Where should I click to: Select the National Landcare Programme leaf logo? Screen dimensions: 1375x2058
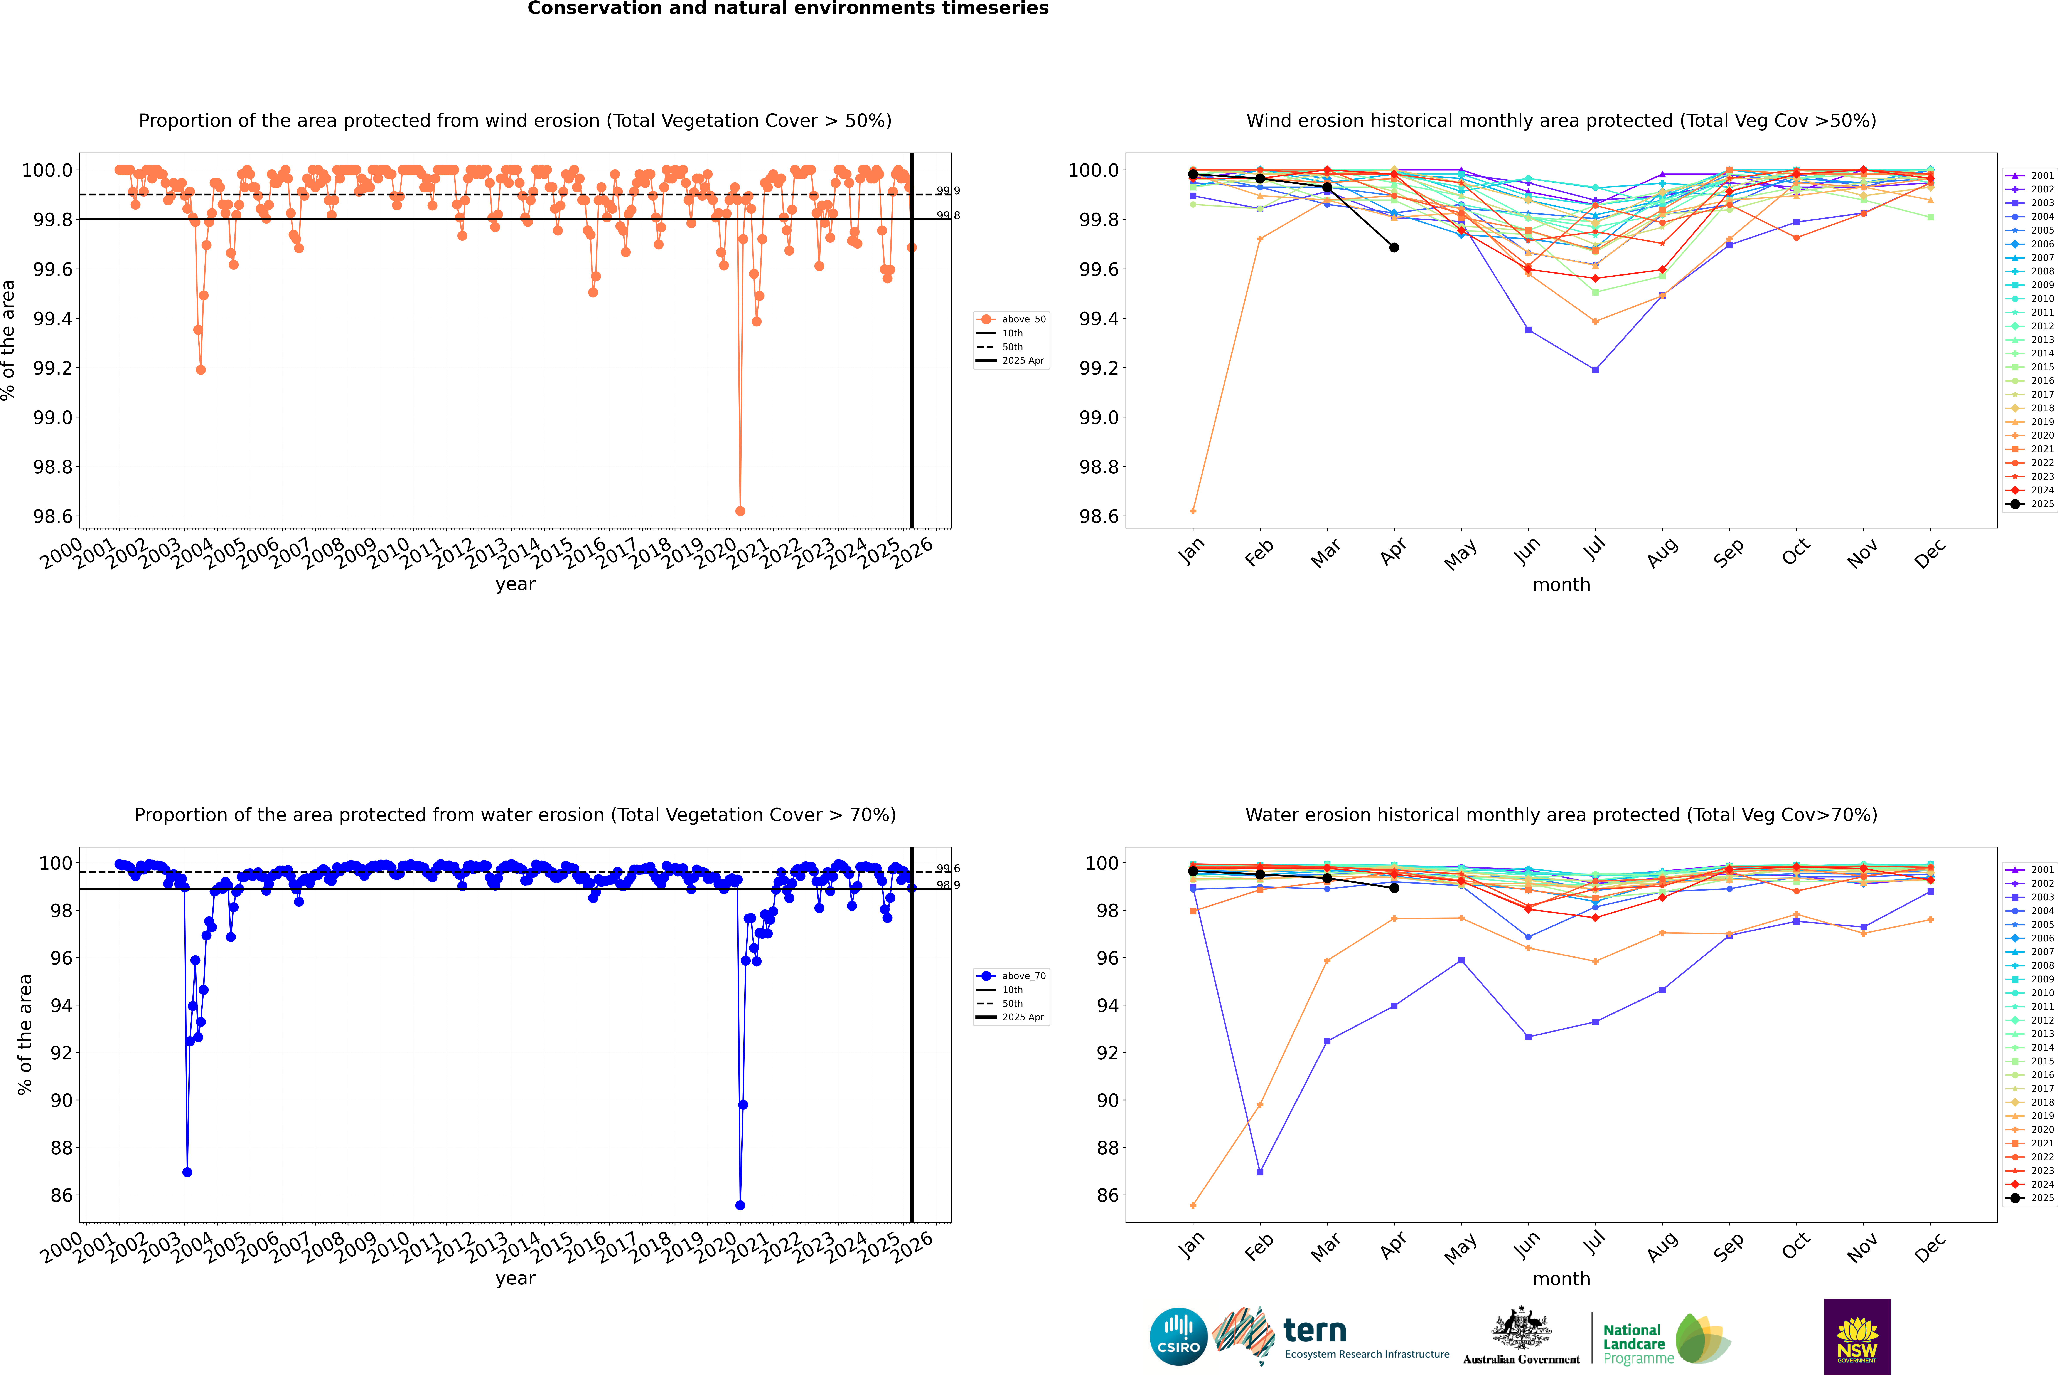point(1702,1339)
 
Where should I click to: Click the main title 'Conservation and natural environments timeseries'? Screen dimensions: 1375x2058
point(788,9)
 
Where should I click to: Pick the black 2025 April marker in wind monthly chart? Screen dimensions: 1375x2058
point(1394,247)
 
